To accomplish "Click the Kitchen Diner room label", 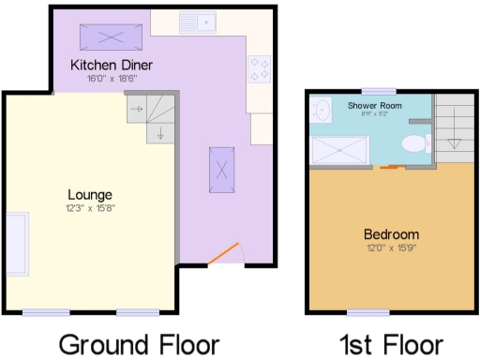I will tap(112, 66).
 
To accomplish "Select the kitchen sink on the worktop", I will tap(199, 19).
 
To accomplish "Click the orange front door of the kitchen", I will tap(222, 251).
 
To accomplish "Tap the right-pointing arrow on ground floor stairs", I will tap(136, 110).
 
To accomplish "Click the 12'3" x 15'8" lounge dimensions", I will tap(90, 207).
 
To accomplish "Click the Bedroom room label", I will tap(391, 234).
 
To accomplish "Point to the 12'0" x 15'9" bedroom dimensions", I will tap(391, 247).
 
